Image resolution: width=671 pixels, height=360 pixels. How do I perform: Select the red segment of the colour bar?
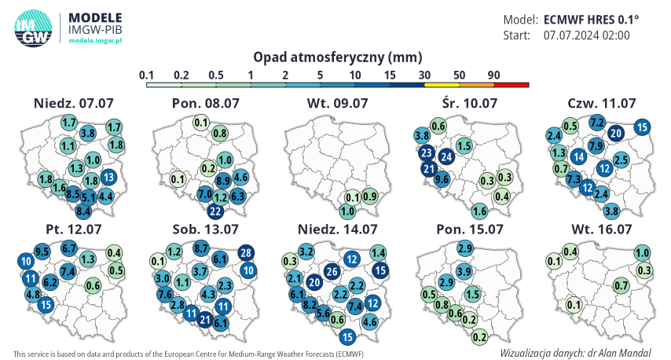coord(511,84)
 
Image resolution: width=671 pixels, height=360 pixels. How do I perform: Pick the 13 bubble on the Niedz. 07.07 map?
coord(109,177)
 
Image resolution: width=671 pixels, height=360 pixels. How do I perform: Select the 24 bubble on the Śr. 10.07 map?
coord(445,156)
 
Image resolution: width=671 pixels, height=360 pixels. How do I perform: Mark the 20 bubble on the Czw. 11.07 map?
coord(616,133)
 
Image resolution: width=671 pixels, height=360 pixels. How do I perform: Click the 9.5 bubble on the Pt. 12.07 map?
coord(42,252)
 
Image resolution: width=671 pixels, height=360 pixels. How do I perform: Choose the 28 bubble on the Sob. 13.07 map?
coord(246,252)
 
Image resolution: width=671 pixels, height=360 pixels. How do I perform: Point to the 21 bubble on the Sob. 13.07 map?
coord(205,318)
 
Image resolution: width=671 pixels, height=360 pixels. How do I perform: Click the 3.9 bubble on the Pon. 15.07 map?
coord(464,272)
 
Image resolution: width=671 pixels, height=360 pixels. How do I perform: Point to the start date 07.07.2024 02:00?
coord(586,35)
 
